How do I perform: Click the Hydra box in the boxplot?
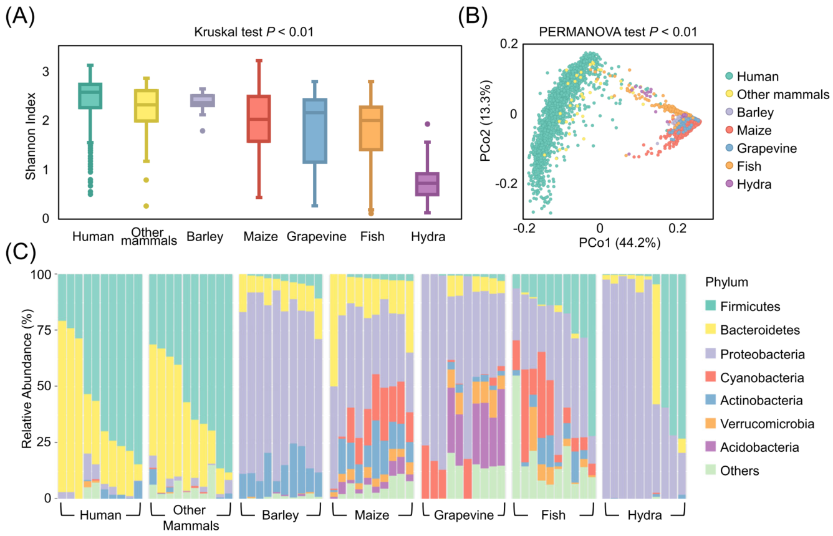pos(428,184)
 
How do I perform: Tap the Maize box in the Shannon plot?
pos(258,119)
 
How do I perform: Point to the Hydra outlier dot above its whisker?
pos(428,124)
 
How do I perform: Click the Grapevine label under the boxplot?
pos(316,237)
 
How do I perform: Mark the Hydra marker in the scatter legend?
pos(728,184)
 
